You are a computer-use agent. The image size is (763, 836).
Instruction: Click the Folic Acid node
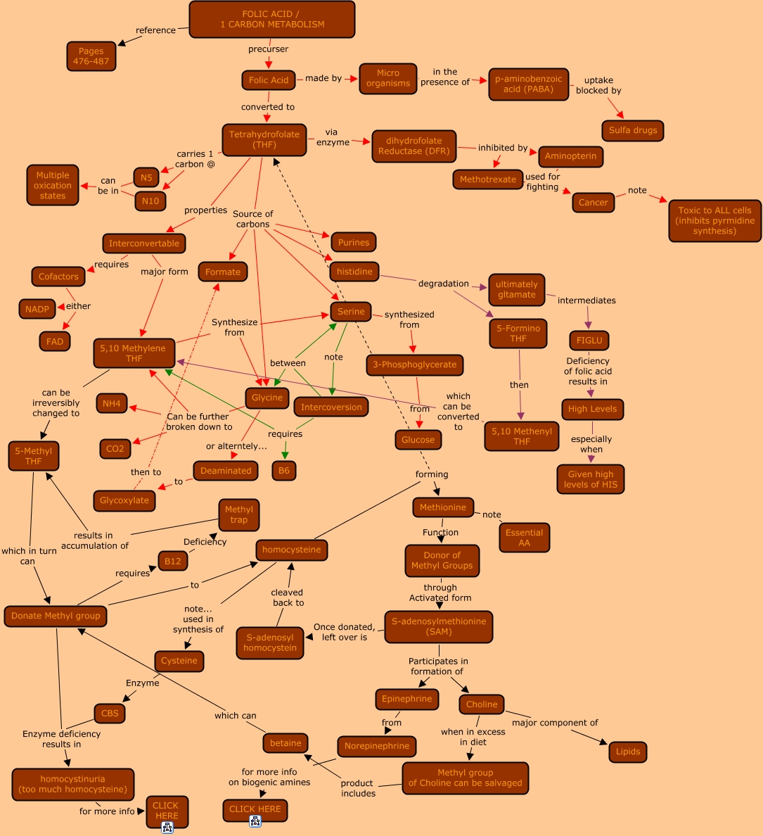pos(268,80)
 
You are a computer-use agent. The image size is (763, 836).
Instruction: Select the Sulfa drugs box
pos(633,130)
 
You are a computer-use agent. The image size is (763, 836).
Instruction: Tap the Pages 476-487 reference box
pos(91,56)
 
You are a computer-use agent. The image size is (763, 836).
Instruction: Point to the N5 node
pos(146,177)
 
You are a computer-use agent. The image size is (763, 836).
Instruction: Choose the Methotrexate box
pos(487,179)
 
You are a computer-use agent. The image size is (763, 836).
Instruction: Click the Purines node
pos(353,242)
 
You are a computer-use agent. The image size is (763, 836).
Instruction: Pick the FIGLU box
pos(589,341)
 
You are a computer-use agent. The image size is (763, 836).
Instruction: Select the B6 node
pos(284,471)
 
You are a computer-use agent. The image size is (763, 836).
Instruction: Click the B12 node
pos(172,561)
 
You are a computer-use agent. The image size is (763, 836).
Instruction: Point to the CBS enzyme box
pos(110,714)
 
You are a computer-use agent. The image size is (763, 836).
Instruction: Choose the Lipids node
pos(627,752)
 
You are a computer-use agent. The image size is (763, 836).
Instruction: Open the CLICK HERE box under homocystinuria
pos(166,811)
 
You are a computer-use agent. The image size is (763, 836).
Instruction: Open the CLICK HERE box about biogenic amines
pos(255,809)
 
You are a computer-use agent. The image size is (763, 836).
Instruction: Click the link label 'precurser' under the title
pos(268,49)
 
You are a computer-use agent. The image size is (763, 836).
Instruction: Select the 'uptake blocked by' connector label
pos(598,85)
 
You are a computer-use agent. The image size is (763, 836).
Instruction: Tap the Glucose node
pos(418,440)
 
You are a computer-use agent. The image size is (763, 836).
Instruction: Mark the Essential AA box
pos(524,538)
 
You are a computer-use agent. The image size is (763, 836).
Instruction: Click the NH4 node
pos(112,403)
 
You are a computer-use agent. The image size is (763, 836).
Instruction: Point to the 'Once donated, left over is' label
pos(345,632)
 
